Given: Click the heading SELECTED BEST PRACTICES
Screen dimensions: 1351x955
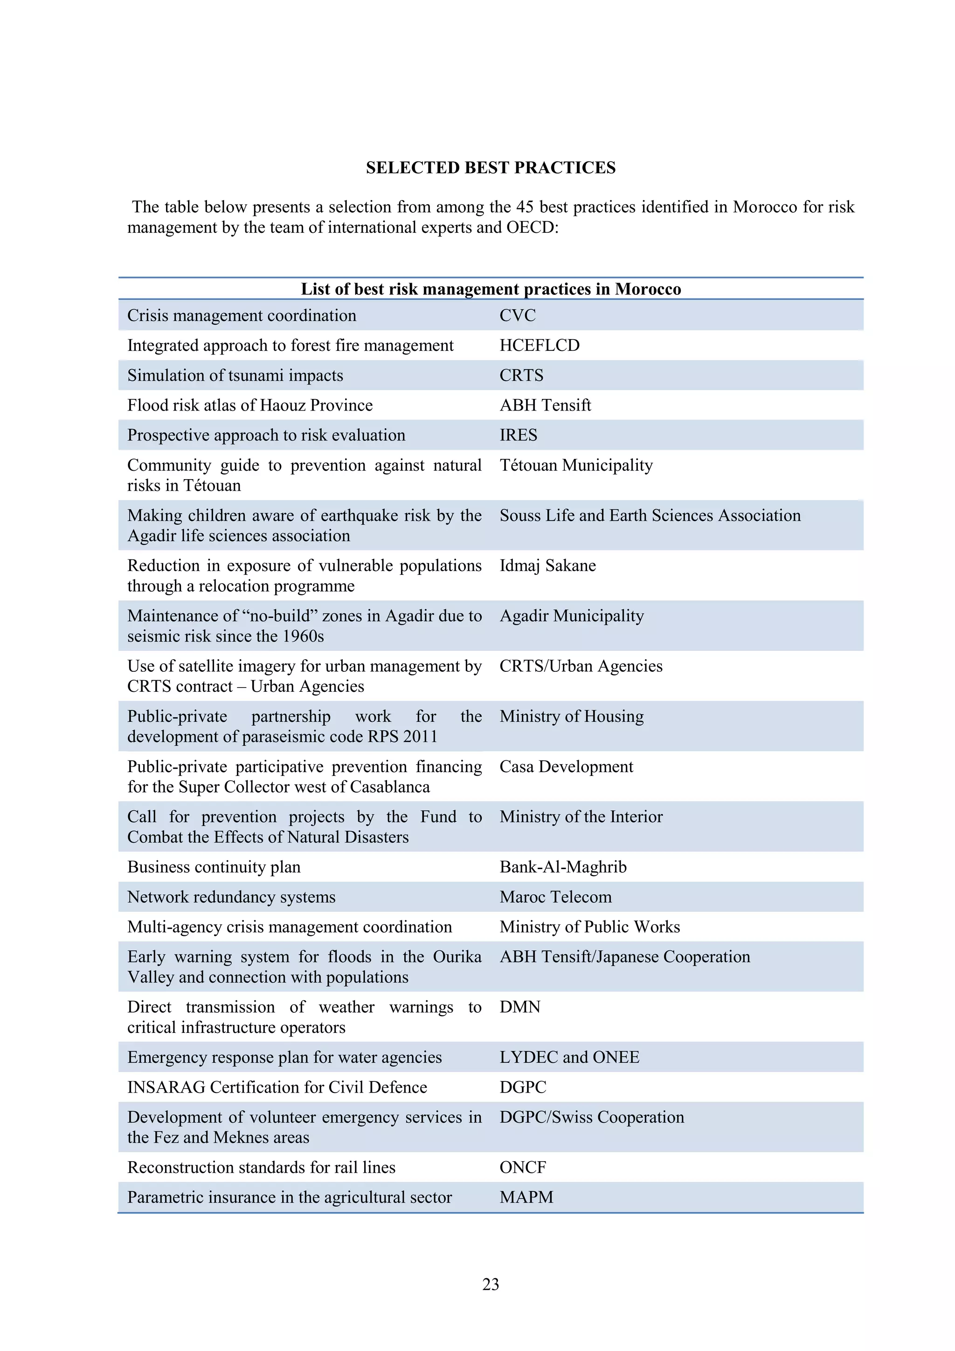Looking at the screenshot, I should point(491,167).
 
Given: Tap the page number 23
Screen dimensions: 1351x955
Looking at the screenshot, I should point(491,1284).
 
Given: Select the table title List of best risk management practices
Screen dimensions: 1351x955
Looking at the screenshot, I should point(491,289).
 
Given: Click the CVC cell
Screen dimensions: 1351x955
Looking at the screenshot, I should point(518,315).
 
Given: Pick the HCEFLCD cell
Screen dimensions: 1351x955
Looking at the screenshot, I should point(539,345).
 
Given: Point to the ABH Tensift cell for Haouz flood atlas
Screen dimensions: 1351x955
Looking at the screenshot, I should point(545,405).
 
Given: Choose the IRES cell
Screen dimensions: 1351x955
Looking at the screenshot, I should point(518,435).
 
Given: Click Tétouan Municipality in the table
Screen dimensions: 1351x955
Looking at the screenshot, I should point(576,466).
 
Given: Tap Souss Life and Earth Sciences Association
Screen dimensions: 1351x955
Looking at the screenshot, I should point(650,515).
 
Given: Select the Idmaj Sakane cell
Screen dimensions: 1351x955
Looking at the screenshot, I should point(547,565).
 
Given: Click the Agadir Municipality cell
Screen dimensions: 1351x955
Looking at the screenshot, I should point(572,616).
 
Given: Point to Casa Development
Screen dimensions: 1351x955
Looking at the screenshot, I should point(566,767).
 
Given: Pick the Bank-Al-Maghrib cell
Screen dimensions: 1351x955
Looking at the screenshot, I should point(563,867).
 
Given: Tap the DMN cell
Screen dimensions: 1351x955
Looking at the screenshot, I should point(520,1007).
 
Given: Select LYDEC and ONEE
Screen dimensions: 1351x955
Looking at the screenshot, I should point(569,1058).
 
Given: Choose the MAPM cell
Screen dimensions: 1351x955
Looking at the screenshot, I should point(526,1198).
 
